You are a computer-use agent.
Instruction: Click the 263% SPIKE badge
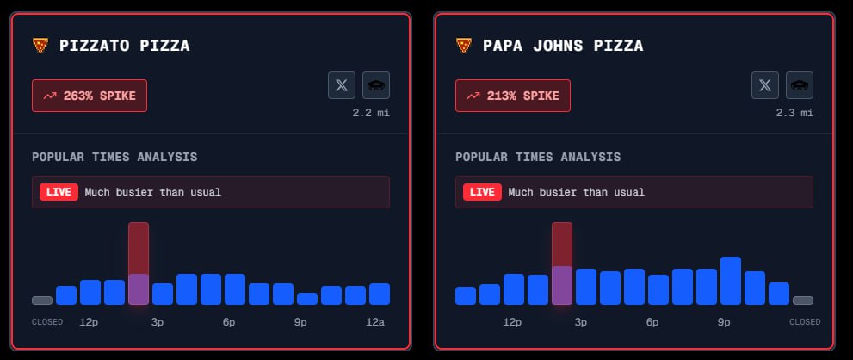click(90, 96)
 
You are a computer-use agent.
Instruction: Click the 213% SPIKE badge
click(513, 96)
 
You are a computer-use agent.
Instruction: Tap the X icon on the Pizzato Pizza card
click(342, 85)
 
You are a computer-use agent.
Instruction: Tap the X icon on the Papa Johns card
click(765, 85)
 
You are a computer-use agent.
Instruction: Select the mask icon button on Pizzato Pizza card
click(376, 85)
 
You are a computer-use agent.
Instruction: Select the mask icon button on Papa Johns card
click(800, 85)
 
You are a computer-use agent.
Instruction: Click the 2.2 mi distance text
click(370, 113)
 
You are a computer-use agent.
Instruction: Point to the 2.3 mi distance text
click(794, 113)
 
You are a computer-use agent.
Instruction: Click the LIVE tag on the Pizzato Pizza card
click(59, 191)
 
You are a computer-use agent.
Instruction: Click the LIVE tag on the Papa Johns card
click(482, 191)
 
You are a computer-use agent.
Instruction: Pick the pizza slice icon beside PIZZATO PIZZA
click(40, 46)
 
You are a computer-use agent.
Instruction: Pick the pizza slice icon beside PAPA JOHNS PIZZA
click(464, 46)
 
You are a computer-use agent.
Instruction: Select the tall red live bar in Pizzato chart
click(139, 263)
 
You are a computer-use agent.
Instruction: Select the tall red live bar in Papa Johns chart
click(562, 263)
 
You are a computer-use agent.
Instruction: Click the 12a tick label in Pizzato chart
click(375, 322)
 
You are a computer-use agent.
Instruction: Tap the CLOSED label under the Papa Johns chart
click(805, 322)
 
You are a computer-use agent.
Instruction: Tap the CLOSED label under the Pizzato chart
click(47, 322)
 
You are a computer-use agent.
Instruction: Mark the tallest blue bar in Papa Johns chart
click(731, 281)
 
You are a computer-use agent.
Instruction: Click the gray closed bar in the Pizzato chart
click(42, 301)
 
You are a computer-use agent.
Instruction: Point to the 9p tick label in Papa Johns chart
click(724, 322)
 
